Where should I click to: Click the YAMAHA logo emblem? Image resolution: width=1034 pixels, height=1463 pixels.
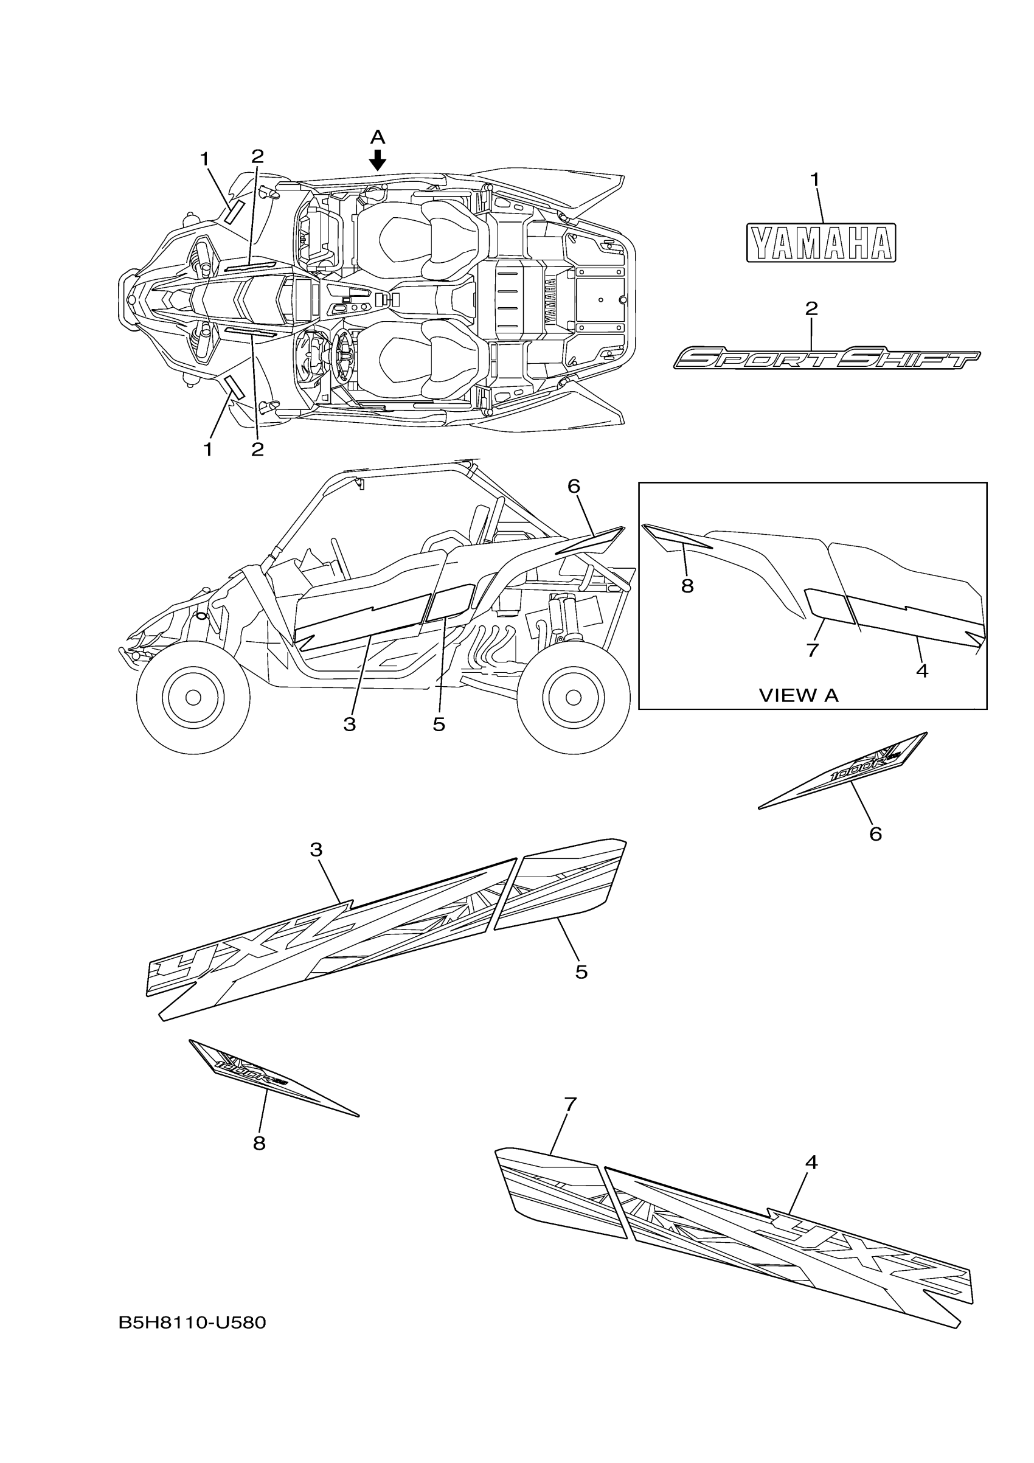pyautogui.click(x=821, y=242)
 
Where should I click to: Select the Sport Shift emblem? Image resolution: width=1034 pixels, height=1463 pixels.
pyautogui.click(x=827, y=359)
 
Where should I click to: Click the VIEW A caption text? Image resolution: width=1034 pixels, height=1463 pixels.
pyautogui.click(x=798, y=695)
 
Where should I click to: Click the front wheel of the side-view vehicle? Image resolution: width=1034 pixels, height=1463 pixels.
pyautogui.click(x=193, y=697)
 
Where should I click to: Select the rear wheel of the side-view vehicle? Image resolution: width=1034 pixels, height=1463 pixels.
pyautogui.click(x=573, y=697)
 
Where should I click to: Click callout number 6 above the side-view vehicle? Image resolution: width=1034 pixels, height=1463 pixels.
pyautogui.click(x=574, y=486)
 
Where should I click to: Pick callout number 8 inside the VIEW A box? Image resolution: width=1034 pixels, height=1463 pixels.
pyautogui.click(x=687, y=586)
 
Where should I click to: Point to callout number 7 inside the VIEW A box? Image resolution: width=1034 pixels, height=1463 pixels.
pyautogui.click(x=811, y=650)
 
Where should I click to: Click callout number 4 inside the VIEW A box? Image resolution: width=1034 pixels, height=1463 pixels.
pyautogui.click(x=921, y=670)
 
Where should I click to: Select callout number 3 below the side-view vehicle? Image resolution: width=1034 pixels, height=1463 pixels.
pyautogui.click(x=349, y=725)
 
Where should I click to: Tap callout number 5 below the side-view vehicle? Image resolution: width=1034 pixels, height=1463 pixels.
pyautogui.click(x=439, y=725)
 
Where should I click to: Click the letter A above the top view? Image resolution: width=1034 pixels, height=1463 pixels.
pyautogui.click(x=378, y=137)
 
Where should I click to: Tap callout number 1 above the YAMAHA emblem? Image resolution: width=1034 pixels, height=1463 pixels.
pyautogui.click(x=814, y=180)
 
